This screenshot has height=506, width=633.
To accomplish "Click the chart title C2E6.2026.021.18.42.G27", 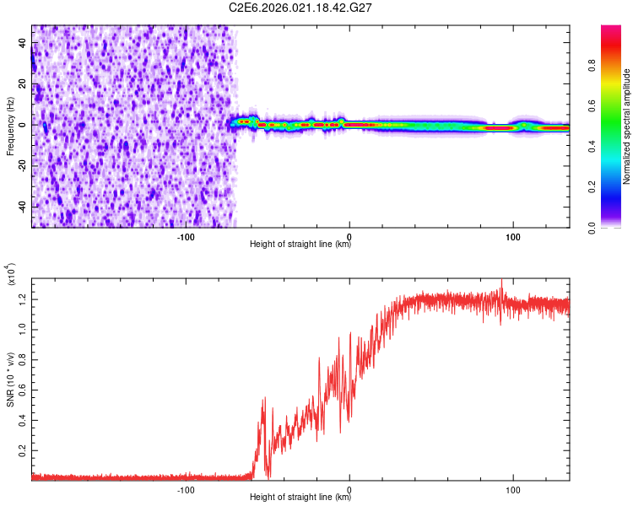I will click(x=301, y=8).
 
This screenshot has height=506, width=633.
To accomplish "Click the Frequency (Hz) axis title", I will click(x=10, y=126).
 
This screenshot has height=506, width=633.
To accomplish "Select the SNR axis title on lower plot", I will click(x=10, y=376).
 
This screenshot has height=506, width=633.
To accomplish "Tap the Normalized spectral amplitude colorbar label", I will click(x=627, y=126).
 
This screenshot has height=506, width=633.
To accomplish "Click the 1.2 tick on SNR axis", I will click(x=23, y=298).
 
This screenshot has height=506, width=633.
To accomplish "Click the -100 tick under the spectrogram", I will click(x=187, y=237).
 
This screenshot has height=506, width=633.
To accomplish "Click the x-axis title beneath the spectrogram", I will click(x=300, y=245).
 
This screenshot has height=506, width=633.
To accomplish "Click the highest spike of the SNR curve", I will click(x=502, y=280).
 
